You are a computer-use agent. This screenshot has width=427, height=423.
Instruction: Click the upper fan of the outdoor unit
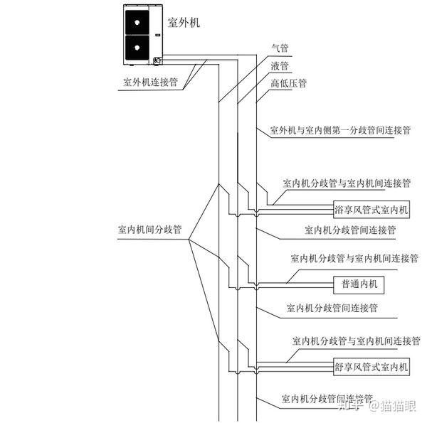(x=137, y=22)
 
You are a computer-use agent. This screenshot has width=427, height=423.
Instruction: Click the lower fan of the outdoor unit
(x=137, y=48)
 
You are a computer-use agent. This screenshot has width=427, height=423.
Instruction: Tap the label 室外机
(x=184, y=23)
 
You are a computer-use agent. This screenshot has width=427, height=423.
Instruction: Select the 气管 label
(x=280, y=48)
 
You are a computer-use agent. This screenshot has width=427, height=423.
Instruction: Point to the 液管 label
(x=280, y=66)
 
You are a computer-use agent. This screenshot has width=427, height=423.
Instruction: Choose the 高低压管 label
(x=289, y=83)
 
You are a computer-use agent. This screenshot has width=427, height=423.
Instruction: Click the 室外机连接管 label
(x=151, y=82)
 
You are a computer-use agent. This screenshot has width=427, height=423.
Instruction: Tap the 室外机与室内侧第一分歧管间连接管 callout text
(x=340, y=130)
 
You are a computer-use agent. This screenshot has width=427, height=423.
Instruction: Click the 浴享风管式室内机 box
(x=371, y=210)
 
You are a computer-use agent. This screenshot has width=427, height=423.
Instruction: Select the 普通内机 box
(x=359, y=285)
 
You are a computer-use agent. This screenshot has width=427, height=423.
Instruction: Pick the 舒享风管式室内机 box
(x=371, y=367)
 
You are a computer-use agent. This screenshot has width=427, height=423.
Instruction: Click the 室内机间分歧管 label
(x=149, y=230)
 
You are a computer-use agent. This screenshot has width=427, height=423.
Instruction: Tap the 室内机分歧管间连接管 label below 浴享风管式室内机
(x=350, y=230)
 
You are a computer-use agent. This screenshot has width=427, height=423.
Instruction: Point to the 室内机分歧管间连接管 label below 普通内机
(x=332, y=309)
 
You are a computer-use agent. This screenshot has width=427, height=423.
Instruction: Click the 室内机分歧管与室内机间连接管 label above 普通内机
(x=354, y=258)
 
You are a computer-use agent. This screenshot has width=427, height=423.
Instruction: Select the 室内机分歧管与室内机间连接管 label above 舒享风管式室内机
(x=357, y=341)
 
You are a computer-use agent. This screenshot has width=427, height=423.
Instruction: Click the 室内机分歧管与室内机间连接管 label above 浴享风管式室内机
(x=347, y=183)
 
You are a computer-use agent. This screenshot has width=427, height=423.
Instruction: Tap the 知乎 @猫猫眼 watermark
(x=377, y=406)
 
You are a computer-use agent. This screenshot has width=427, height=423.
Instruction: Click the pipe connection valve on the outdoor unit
(x=157, y=60)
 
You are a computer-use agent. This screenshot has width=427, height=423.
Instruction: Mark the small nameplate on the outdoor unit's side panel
(x=158, y=35)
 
